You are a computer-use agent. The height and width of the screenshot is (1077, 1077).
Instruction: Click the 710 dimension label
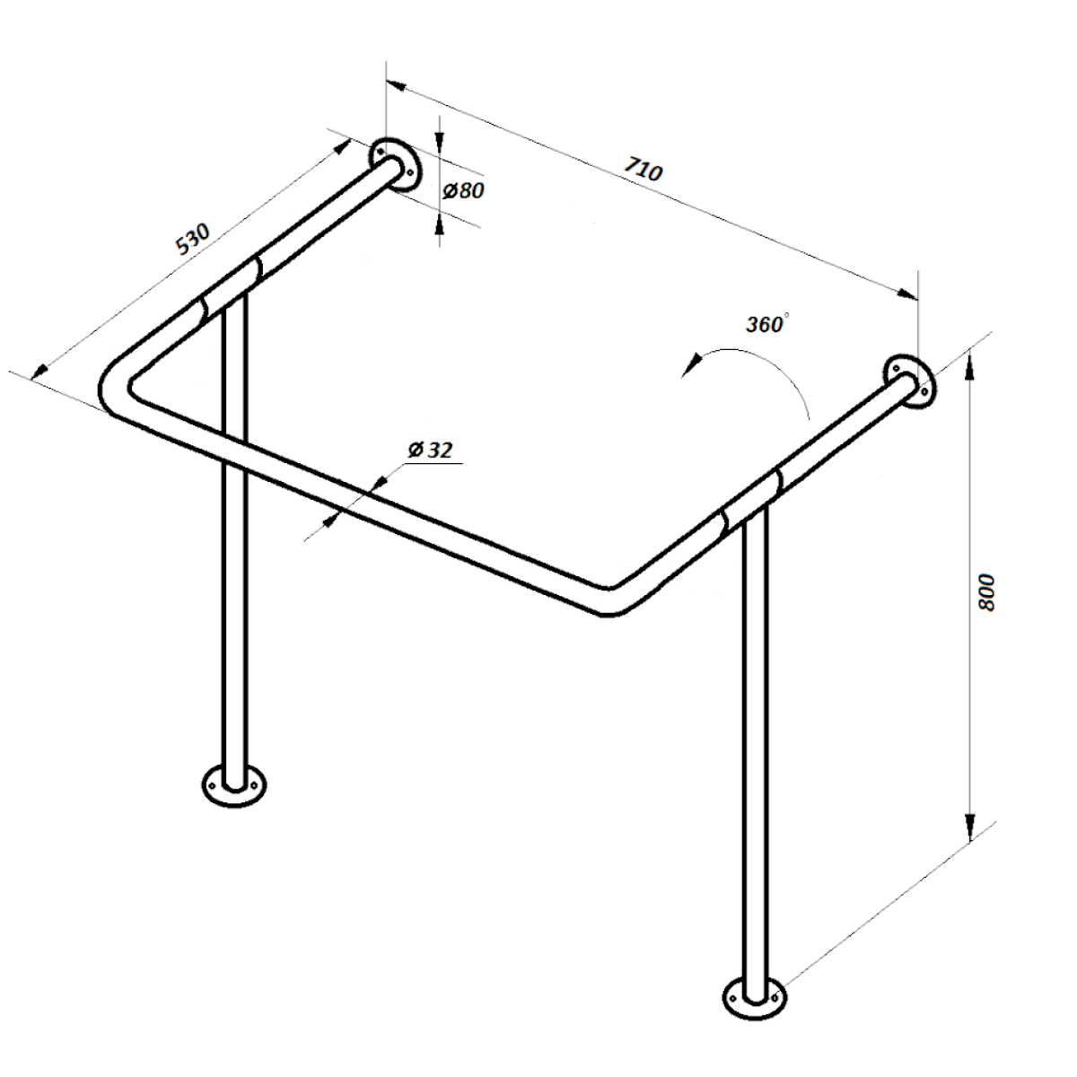[x=644, y=169]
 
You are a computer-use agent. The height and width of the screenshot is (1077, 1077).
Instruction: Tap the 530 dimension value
[x=192, y=239]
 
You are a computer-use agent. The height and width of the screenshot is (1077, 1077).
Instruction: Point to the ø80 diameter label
[x=463, y=191]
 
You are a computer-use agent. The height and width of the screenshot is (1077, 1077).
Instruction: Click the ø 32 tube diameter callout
[x=430, y=450]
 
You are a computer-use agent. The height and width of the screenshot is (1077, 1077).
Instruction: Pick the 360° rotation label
[x=767, y=324]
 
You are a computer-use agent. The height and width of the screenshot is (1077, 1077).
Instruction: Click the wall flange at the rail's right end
[x=909, y=382]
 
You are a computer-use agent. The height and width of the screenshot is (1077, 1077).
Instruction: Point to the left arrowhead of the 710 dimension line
[x=396, y=86]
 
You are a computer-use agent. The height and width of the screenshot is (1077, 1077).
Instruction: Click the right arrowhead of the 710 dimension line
[x=906, y=294]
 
